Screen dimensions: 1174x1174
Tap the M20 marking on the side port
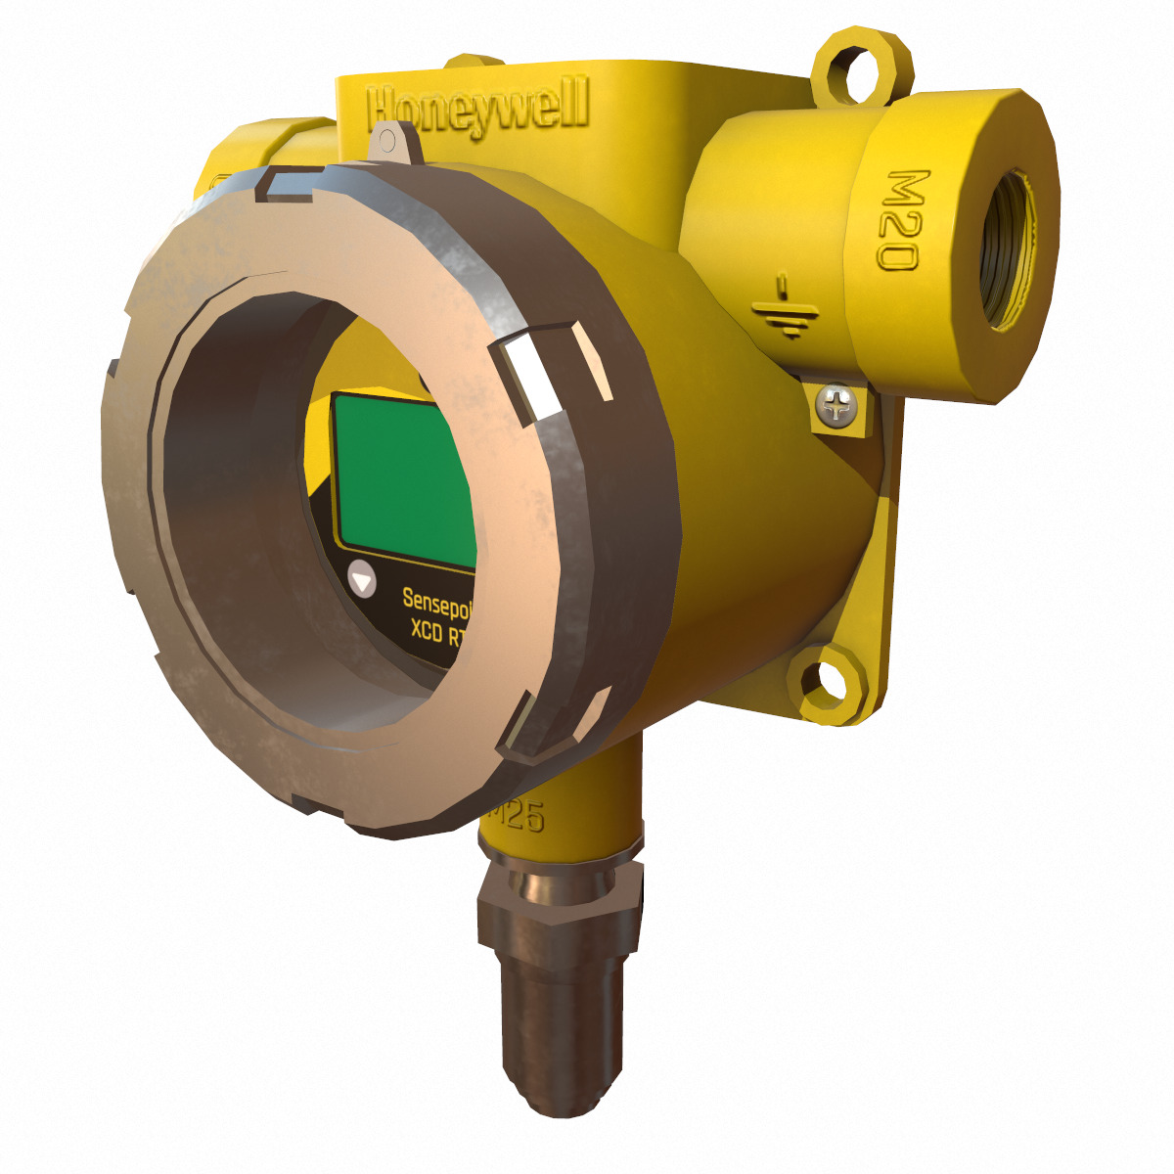901,220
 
